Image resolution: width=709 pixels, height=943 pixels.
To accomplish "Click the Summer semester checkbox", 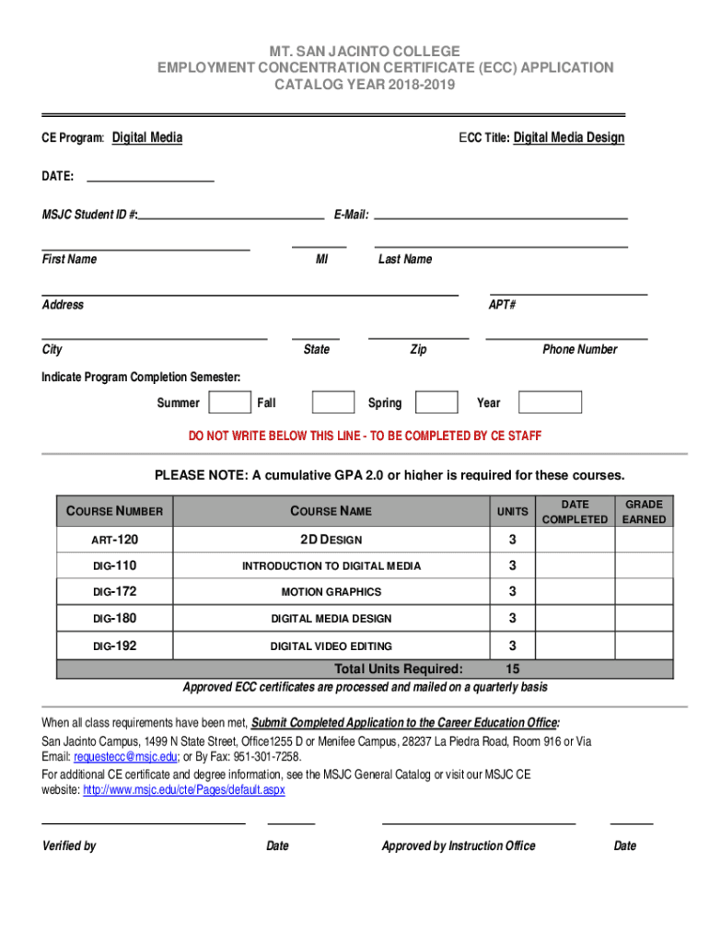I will point(230,402).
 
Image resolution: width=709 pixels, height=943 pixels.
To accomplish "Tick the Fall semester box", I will point(333,402).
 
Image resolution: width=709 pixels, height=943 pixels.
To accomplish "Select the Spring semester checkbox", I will point(436,402).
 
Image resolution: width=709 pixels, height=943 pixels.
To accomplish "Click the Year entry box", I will point(550,402).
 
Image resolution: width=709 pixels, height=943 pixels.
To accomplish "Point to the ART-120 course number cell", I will point(115,539).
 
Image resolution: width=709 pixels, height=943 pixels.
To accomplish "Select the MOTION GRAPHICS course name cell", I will point(331,592).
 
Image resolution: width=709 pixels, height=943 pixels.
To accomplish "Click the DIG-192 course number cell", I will point(115,646).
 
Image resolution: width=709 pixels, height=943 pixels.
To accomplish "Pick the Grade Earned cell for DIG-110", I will point(644,565).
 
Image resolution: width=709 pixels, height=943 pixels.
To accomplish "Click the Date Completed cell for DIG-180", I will point(575,618).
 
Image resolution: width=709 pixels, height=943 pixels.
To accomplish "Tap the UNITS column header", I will point(513,511).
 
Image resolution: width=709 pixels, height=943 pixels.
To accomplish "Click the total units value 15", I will point(513,669).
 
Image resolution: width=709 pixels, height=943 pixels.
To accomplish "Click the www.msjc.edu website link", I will point(184,790).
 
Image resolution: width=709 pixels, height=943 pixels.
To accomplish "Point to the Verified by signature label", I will point(69,845).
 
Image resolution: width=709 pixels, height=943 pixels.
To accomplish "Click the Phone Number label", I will point(579,349).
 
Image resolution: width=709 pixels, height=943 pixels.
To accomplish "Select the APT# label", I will point(502,305).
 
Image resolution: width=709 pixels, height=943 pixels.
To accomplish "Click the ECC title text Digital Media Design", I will point(568,138).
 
